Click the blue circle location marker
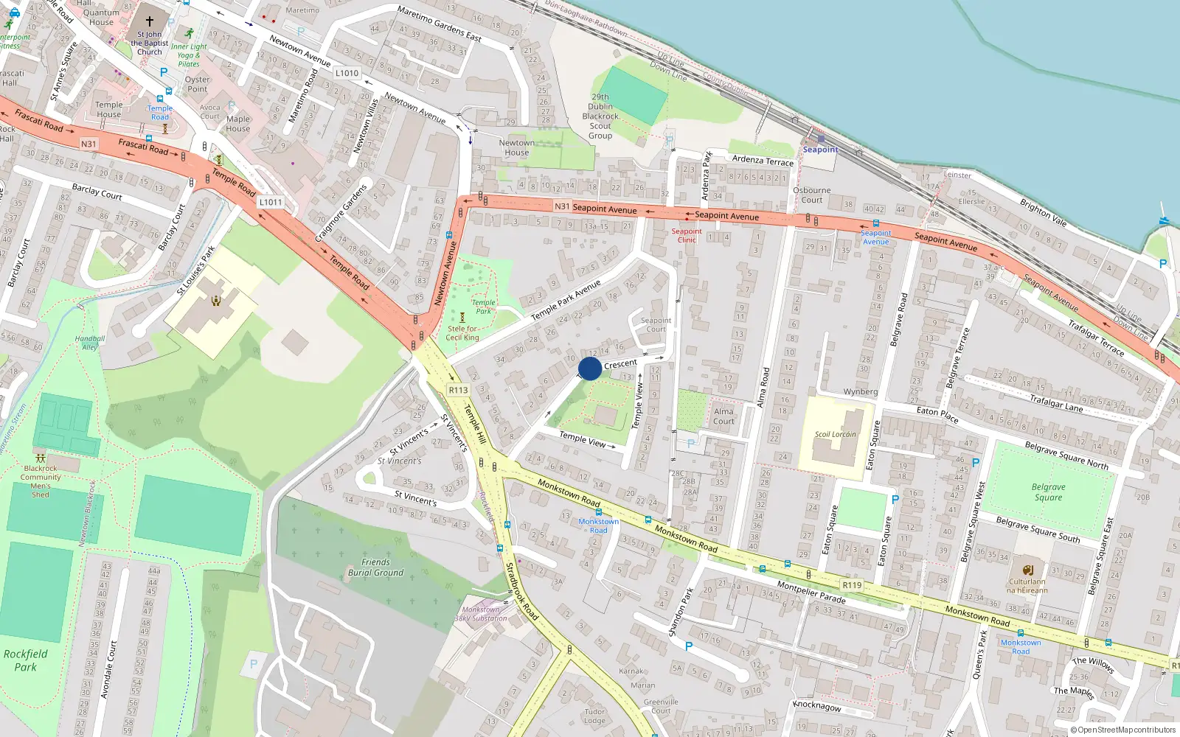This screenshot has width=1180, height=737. (590, 368)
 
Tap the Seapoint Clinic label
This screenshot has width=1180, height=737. (687, 235)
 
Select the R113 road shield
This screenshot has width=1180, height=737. (458, 390)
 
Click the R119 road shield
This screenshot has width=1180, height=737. (852, 585)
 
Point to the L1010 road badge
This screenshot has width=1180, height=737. (347, 73)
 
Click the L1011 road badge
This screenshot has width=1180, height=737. (271, 202)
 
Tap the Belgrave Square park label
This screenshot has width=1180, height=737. (1048, 492)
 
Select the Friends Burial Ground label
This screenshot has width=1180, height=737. (375, 567)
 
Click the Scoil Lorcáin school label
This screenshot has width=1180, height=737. (835, 434)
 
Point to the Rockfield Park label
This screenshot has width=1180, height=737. (25, 660)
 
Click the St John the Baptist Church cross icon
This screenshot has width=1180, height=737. (150, 21)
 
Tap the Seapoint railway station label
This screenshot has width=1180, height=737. (820, 150)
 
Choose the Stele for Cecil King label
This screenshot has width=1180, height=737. (462, 333)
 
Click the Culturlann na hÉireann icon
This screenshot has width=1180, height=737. (1027, 570)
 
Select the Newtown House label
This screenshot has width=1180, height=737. (516, 147)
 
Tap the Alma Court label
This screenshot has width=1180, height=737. (723, 416)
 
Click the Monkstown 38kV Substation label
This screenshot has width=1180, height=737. (480, 614)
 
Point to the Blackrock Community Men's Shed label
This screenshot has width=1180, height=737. (41, 481)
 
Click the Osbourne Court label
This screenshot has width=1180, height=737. (811, 195)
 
